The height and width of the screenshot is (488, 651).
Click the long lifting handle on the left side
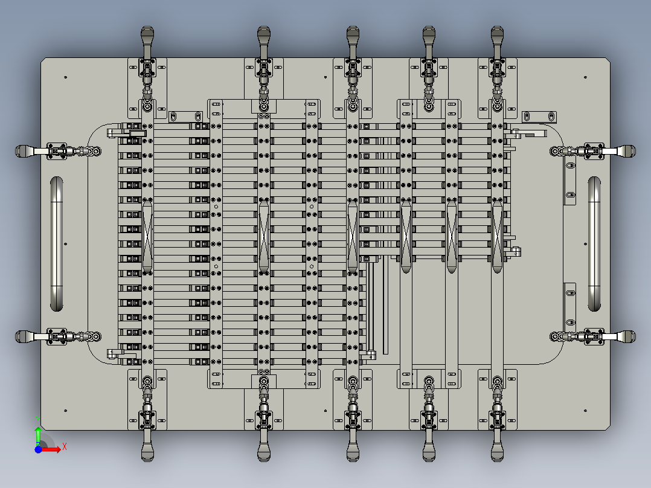pos(57,244)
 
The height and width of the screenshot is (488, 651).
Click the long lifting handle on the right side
pos(594,244)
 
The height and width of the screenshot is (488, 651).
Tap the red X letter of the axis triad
pos(65,447)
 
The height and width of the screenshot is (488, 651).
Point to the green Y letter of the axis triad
pos(38,421)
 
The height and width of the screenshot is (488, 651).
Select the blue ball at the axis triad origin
pos(38,449)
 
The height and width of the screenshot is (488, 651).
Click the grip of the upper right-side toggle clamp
pos(626,151)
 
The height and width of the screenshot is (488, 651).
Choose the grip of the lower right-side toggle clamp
pos(626,336)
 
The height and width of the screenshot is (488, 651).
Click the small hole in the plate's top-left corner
pos(66,77)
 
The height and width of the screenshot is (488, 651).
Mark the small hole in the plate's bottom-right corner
pos(585,411)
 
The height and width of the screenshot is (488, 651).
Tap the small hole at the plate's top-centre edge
pos(325,77)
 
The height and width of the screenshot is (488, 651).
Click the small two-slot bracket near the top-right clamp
pos(539,117)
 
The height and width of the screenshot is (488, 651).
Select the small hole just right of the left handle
pos(66,244)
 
